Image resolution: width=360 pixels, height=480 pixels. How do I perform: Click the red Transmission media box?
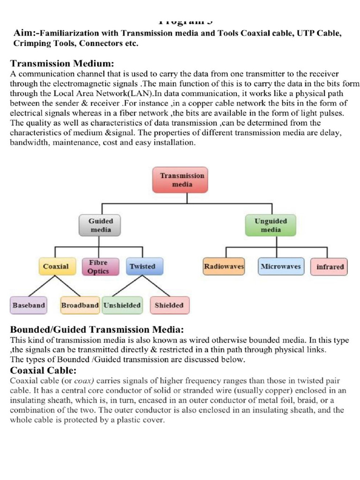coord(182,180)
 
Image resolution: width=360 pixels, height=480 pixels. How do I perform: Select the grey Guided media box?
coord(101,225)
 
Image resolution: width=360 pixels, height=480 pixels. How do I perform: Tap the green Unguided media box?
coord(271,225)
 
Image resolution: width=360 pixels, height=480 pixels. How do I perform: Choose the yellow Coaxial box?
coord(56,267)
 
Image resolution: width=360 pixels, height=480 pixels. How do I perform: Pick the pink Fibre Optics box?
coord(98,267)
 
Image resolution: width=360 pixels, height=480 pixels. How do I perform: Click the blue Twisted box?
coord(142,267)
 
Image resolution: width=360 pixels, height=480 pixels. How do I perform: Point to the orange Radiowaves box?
coord(224,267)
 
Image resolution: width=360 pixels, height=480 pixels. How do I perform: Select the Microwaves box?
coord(280,267)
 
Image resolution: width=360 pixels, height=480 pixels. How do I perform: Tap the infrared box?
coord(330,267)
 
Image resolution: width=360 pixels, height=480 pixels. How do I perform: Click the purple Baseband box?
coord(29,305)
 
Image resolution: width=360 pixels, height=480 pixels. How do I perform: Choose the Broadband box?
coord(80,305)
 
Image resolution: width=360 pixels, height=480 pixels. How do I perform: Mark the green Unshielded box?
coord(122,305)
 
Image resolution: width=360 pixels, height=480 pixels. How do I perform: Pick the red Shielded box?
coord(169,305)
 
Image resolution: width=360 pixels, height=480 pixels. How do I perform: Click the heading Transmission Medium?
coord(62,63)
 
